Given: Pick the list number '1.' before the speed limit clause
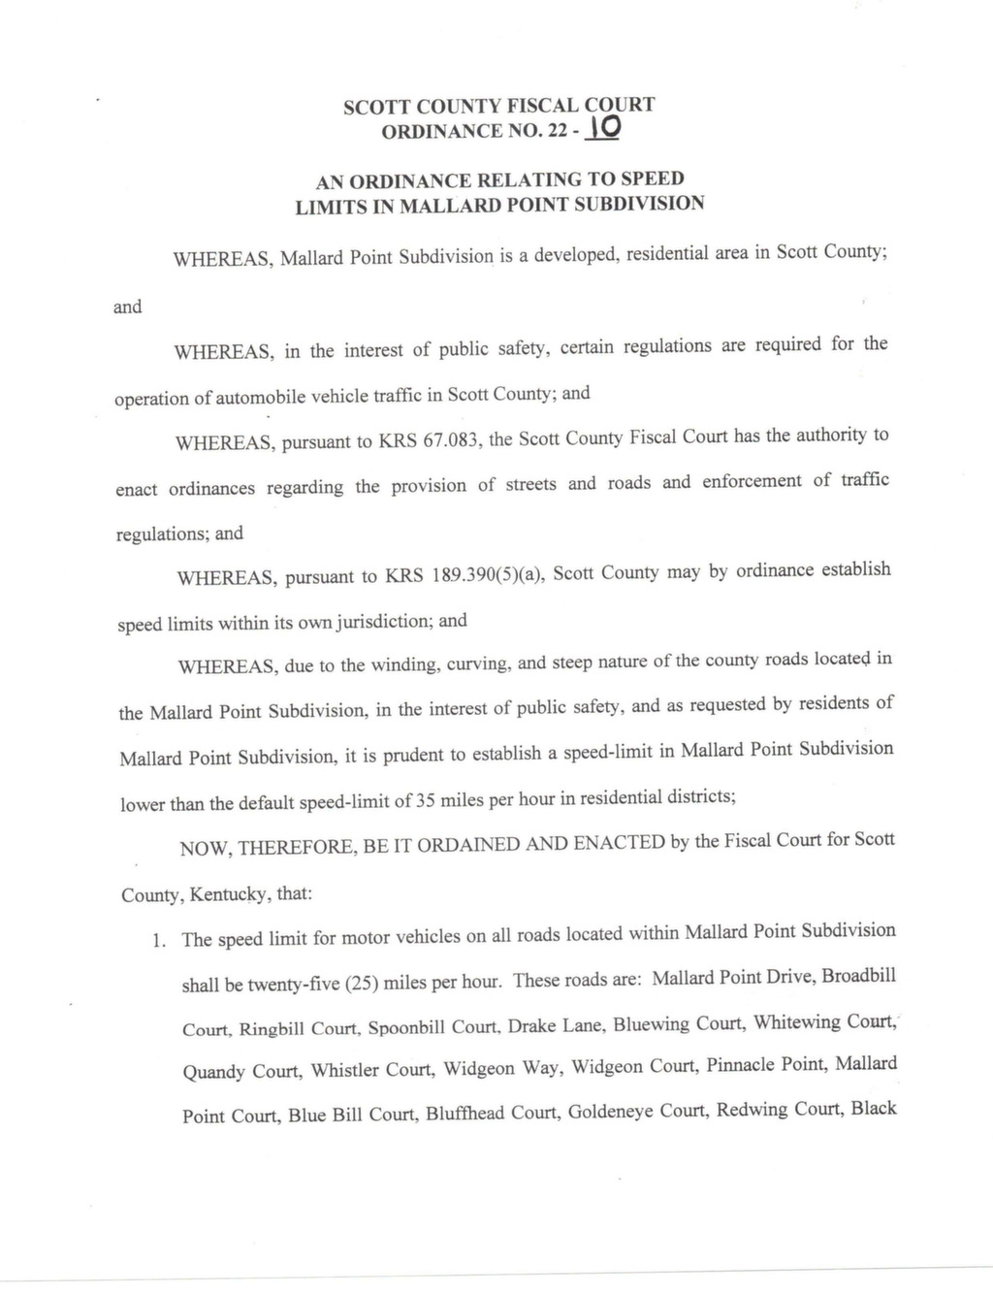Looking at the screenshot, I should click(x=162, y=940).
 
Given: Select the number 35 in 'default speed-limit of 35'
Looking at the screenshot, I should click(x=425, y=802).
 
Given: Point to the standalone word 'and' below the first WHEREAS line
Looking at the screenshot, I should click(x=128, y=307).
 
